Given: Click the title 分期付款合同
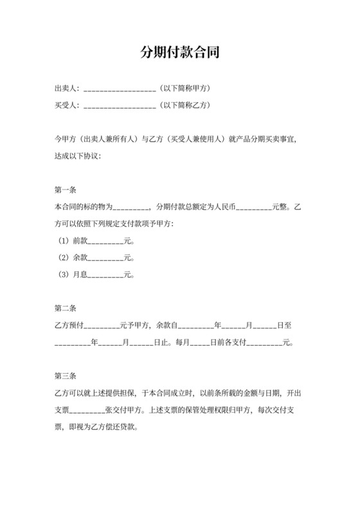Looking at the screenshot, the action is coord(180,53).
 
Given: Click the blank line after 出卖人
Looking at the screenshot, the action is coord(120,89).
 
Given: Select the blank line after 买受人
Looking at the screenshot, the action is coord(120,105).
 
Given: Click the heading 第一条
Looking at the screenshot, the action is coord(66,190).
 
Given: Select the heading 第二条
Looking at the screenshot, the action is coord(66,307).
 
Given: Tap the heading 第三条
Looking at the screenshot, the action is coord(66,375).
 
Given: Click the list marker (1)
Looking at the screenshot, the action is coord(63,241).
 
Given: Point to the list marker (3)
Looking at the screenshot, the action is coord(63,274).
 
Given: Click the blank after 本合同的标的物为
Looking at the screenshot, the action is coord(132,208).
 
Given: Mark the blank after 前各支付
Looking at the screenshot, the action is coord(265,343).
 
